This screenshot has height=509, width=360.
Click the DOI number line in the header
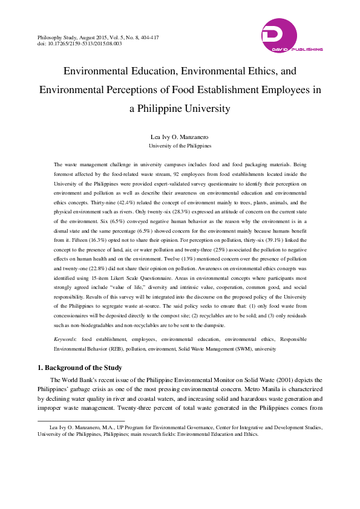click(x=80, y=44)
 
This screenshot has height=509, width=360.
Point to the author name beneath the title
click(x=180, y=137)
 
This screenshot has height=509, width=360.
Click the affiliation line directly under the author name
click(x=180, y=146)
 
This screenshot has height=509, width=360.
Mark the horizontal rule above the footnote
click(x=81, y=420)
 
